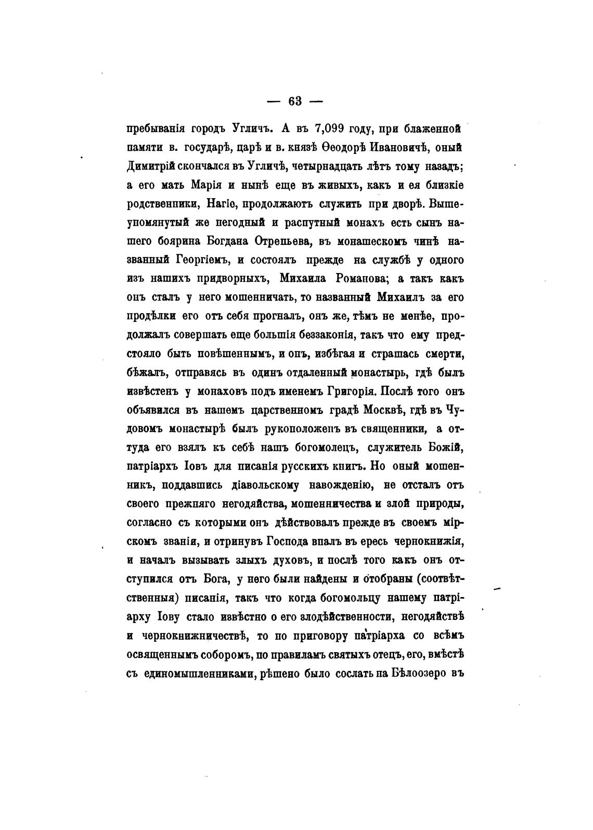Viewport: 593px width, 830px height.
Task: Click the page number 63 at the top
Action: pyautogui.click(x=295, y=101)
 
